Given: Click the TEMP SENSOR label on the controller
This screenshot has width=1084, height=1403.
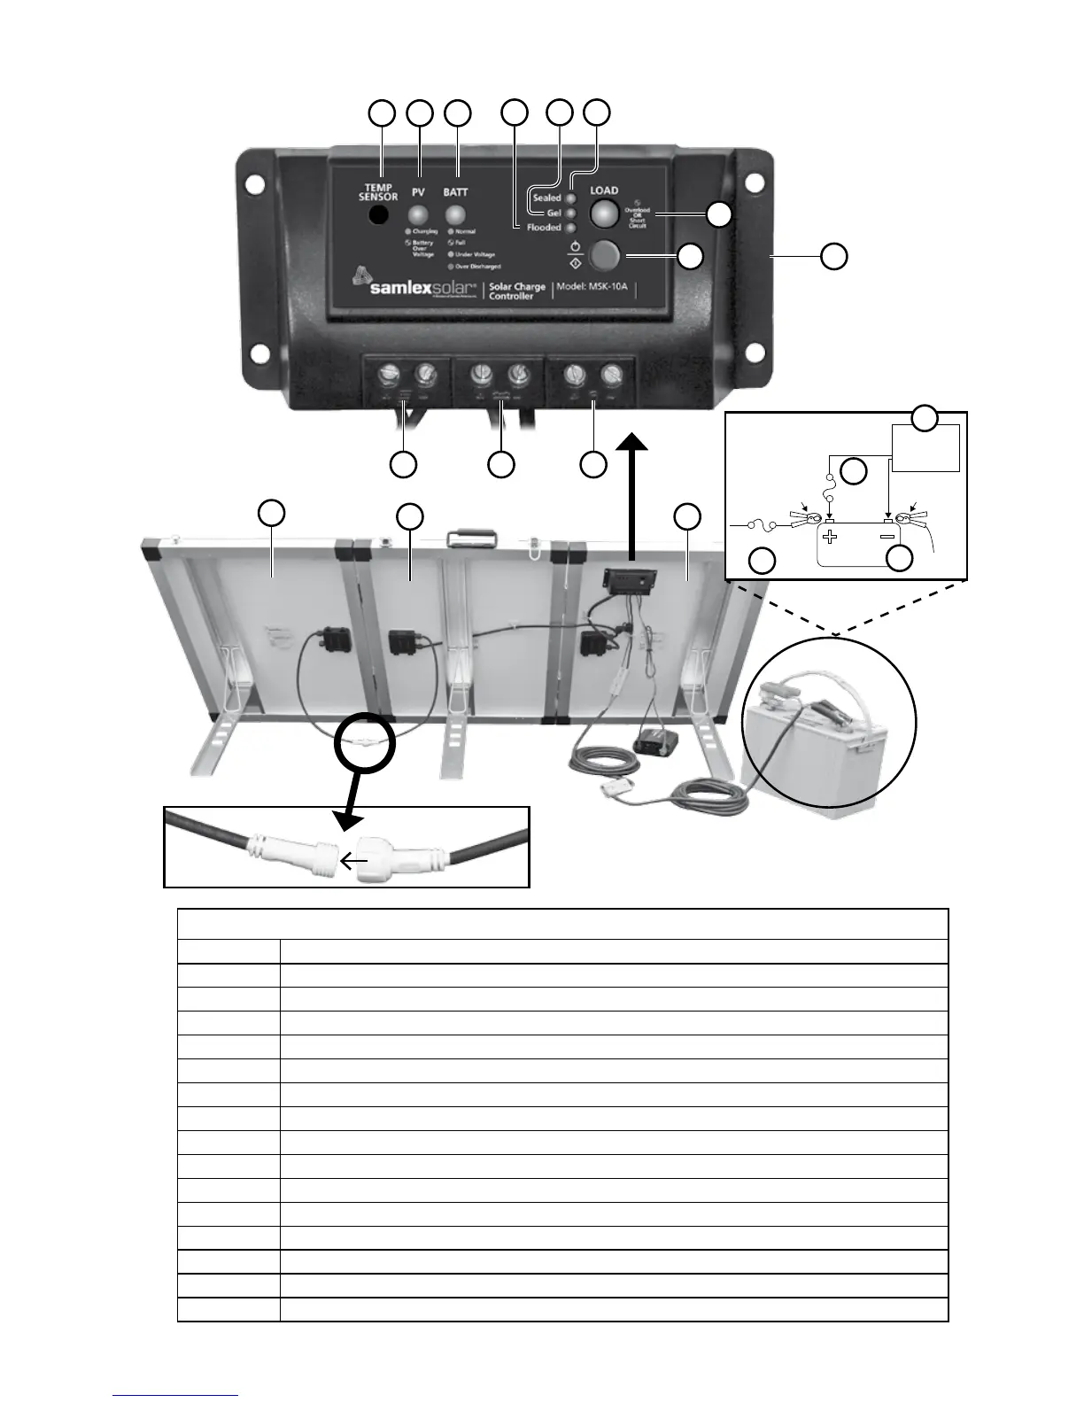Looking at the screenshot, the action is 378,192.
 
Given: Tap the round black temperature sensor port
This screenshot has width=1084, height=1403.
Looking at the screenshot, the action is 379,215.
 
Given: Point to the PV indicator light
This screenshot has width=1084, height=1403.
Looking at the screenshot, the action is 418,215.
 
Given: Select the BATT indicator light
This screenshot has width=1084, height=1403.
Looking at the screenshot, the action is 456,215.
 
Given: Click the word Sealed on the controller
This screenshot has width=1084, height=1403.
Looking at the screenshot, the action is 546,198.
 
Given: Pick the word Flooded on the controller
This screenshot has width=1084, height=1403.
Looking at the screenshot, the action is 544,228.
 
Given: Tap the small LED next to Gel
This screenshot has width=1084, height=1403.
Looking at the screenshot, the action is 570,213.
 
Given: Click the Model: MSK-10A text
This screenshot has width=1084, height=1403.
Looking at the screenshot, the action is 592,287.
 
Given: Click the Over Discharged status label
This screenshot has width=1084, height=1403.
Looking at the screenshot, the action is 477,266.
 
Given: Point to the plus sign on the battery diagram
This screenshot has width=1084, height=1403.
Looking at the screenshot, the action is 830,536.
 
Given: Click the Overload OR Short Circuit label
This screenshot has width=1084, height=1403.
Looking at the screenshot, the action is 637,218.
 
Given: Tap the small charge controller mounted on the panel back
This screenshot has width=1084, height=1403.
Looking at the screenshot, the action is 629,583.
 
